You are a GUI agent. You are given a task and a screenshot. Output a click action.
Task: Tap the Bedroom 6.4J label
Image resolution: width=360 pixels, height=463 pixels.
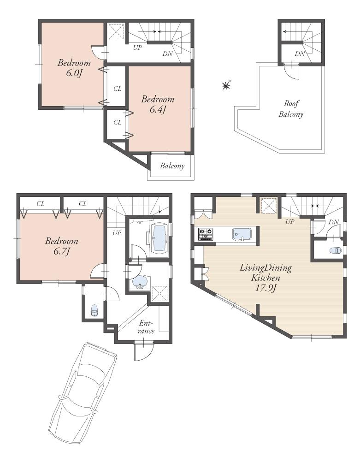pyautogui.click(x=157, y=104)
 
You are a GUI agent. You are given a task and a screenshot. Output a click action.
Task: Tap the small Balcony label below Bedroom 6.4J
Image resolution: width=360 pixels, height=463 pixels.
pyautogui.click(x=172, y=166)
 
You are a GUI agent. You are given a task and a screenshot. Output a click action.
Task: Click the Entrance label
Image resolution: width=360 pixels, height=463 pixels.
pyautogui.click(x=146, y=327)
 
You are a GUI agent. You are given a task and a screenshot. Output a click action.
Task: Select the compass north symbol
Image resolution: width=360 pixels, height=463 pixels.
pyautogui.click(x=226, y=85)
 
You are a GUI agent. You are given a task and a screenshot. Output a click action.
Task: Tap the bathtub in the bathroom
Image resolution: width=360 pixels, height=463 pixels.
pyautogui.click(x=159, y=236)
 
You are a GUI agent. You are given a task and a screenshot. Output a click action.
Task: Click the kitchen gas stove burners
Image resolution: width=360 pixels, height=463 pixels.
pyautogui.click(x=205, y=234)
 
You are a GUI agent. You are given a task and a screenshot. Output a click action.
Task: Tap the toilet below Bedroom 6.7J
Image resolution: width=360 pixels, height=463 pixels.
pyautogui.click(x=94, y=310)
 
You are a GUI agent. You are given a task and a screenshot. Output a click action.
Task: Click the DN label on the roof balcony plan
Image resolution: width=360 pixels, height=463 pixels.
pyautogui.click(x=300, y=54)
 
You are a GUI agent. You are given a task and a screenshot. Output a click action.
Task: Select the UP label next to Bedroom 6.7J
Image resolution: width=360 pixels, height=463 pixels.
pyautogui.click(x=117, y=233)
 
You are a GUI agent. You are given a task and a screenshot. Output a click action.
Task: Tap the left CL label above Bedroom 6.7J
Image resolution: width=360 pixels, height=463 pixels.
pyautogui.click(x=41, y=203)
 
